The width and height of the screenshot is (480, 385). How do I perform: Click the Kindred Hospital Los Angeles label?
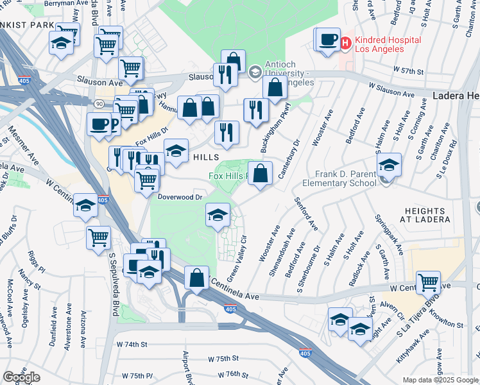pyautogui.click(x=388, y=44)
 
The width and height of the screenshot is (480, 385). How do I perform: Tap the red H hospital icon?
pyautogui.click(x=345, y=43)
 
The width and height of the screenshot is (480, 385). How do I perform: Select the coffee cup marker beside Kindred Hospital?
pyautogui.click(x=327, y=40)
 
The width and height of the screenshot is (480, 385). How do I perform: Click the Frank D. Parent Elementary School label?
pyautogui.click(x=345, y=178)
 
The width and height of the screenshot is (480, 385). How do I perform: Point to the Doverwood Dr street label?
pyautogui.click(x=180, y=198)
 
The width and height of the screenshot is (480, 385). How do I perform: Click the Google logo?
pyautogui.click(x=21, y=377)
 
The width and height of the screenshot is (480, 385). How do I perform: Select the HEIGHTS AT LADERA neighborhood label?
pyautogui.click(x=425, y=215)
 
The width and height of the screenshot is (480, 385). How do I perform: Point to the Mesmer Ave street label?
pyautogui.click(x=20, y=147)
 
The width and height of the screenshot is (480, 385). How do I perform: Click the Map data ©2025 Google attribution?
pyautogui.click(x=440, y=380)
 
